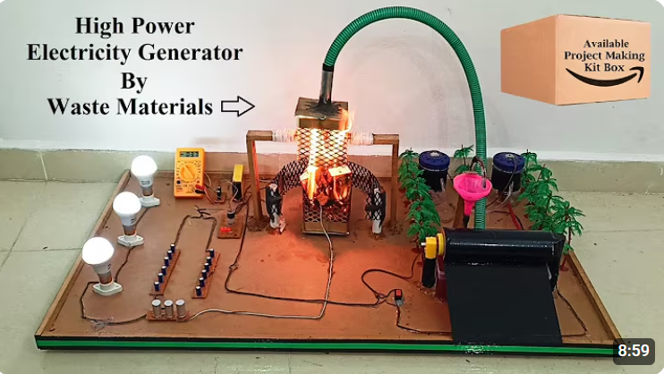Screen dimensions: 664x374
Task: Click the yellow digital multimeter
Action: tap(190, 173)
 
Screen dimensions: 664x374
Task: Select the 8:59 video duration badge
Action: tap(634, 350)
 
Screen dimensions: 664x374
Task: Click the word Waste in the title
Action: tap(79, 106)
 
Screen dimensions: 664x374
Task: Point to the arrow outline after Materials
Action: tap(237, 106)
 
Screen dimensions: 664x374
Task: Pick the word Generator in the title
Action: tap(190, 54)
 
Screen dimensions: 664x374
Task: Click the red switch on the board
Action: tap(397, 295)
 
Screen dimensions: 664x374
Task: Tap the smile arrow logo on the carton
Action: tap(604, 77)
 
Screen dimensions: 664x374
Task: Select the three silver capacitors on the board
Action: tap(168, 309)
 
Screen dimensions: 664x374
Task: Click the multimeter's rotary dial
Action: tap(189, 173)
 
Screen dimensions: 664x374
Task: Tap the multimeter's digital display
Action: tap(190, 154)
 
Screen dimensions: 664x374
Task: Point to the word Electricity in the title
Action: tap(79, 54)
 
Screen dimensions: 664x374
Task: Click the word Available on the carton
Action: tap(606, 44)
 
